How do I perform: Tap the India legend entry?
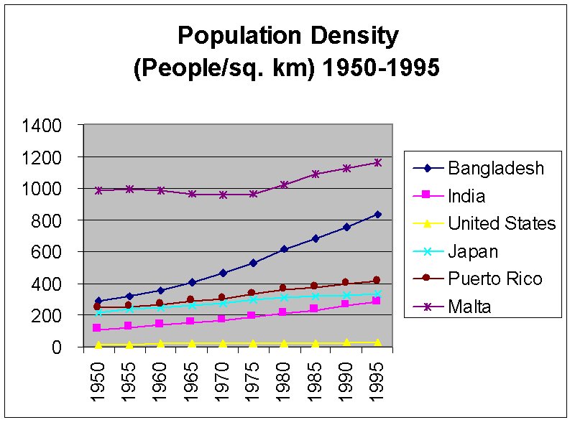(466, 196)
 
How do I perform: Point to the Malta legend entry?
(469, 307)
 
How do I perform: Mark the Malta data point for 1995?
(377, 162)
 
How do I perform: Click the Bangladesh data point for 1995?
(377, 214)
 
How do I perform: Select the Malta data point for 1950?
(98, 190)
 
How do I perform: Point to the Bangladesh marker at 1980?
(284, 249)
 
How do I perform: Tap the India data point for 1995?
(377, 302)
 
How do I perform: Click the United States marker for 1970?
(222, 344)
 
